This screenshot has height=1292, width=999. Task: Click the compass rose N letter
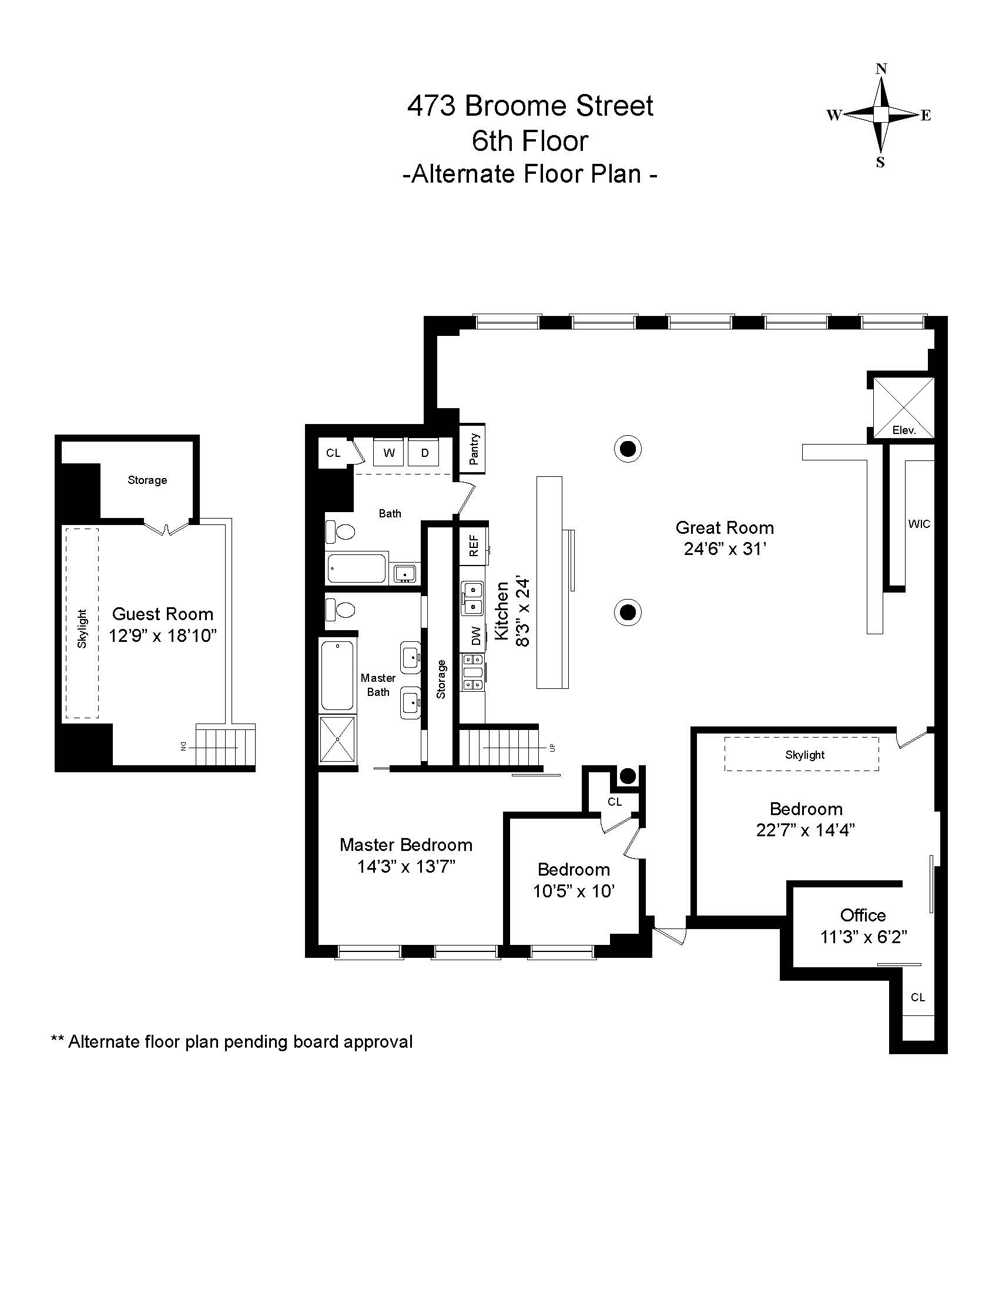point(881,69)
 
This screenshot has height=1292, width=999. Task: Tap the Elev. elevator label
point(904,430)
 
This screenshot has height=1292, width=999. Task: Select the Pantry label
point(474,449)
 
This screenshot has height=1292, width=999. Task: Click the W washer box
point(389,453)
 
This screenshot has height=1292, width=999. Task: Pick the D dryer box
point(425,453)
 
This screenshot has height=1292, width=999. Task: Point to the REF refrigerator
point(474,546)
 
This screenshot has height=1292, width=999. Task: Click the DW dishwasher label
point(476,636)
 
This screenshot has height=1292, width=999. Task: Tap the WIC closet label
point(919,523)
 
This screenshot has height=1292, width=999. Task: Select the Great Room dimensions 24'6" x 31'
point(725,549)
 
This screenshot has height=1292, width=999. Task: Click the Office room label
point(863,915)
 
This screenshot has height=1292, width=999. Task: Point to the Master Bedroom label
point(406,844)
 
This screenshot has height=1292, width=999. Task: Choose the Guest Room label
point(163,614)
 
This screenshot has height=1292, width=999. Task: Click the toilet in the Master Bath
point(340,610)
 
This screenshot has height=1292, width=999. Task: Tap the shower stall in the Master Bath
point(337,739)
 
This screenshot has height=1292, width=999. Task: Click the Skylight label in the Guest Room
point(82,628)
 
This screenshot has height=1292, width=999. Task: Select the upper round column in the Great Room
point(628,449)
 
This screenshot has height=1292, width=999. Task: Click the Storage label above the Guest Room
point(147,480)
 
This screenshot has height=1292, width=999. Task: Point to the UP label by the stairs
point(552,747)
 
